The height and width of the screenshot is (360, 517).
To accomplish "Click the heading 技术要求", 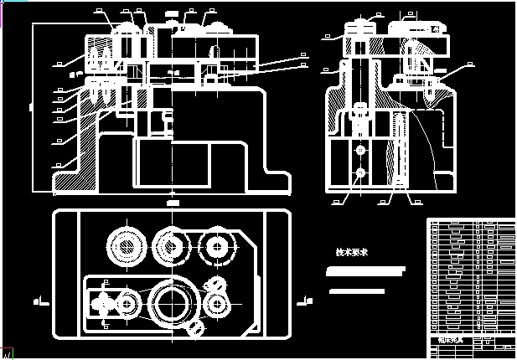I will click(352, 252).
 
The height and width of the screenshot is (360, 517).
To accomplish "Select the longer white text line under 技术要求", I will click(367, 272).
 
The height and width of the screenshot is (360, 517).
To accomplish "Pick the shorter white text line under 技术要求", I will click(358, 291).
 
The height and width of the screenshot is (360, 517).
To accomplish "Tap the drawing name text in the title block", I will click(451, 342).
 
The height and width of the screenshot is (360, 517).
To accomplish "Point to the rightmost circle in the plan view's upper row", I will click(218, 247).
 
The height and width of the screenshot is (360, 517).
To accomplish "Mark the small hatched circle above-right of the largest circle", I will click(220, 285).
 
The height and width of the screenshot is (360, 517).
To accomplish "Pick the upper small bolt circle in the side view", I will click(360, 150).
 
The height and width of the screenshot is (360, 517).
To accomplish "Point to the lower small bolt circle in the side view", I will click(360, 172).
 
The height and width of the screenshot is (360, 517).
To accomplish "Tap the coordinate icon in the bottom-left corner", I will click(7, 352).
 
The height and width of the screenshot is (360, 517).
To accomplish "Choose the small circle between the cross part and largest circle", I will click(129, 302).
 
